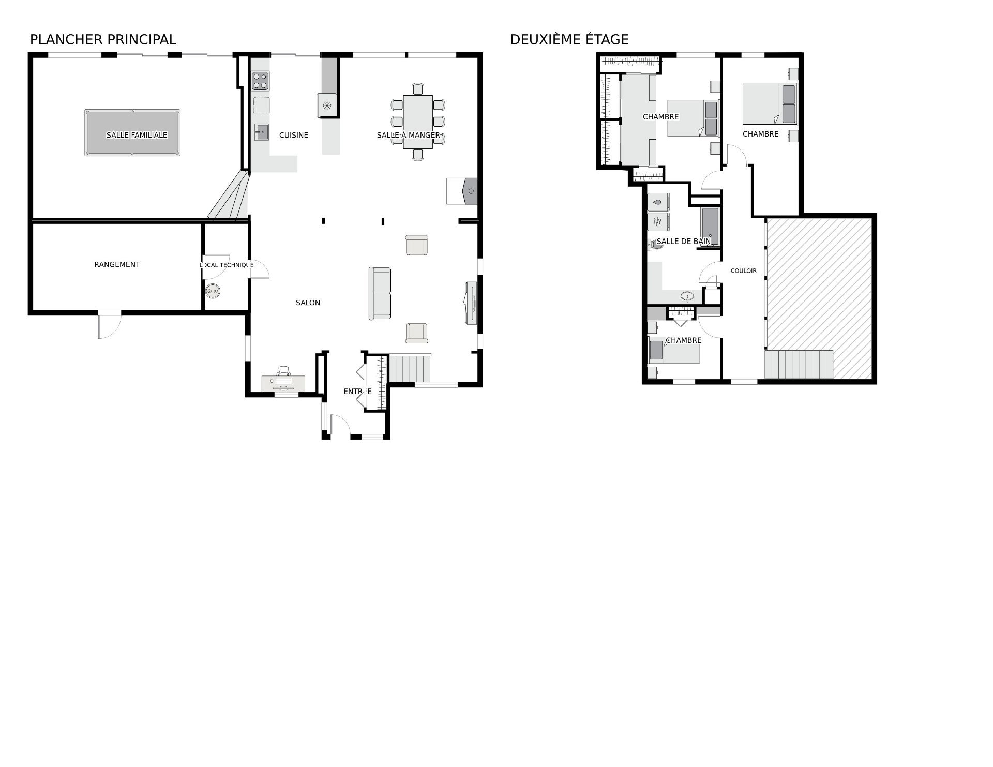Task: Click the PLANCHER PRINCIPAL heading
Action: tap(103, 39)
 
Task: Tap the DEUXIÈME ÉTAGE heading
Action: tap(569, 39)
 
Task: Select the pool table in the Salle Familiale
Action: tap(132, 132)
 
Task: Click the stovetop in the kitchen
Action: tap(260, 81)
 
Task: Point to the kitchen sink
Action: tap(261, 132)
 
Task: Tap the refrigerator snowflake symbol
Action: tap(327, 106)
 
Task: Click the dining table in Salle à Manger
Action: tap(418, 122)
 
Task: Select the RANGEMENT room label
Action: tap(117, 264)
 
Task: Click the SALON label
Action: tap(308, 303)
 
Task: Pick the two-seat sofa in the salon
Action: tap(380, 293)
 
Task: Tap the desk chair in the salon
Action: tap(283, 371)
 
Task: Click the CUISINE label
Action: tap(294, 135)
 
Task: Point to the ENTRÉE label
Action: tap(357, 392)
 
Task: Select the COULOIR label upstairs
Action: tap(744, 270)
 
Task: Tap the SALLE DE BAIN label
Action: tap(684, 241)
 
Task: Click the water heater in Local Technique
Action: tap(213, 292)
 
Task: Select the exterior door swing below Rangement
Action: tap(110, 325)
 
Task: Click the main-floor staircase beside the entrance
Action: tap(410, 368)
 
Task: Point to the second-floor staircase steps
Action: tap(799, 365)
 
